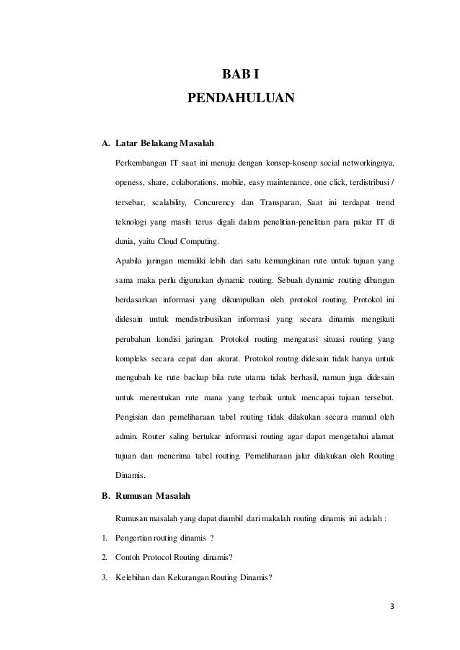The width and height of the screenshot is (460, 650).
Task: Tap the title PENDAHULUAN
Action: (241, 97)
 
